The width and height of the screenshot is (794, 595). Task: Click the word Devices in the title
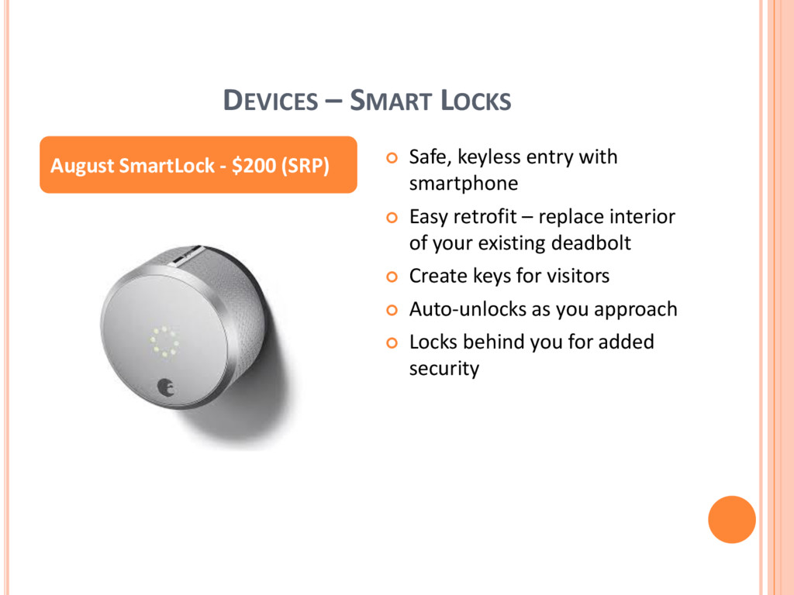click(x=271, y=100)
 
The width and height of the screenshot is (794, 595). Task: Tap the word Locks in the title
click(x=476, y=100)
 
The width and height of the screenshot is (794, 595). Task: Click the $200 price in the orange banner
click(x=254, y=166)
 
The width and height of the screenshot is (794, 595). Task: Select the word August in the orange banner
click(x=82, y=167)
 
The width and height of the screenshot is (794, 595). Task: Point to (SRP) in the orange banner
click(x=306, y=166)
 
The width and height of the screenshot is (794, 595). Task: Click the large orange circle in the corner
click(x=732, y=520)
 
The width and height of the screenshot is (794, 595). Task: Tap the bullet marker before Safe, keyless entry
click(x=392, y=158)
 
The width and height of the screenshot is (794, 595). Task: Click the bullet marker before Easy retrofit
click(x=392, y=218)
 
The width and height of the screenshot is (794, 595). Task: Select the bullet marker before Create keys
click(x=392, y=277)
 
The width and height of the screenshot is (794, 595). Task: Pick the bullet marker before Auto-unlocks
click(x=392, y=310)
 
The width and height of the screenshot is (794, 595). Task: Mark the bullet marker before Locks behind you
click(x=392, y=343)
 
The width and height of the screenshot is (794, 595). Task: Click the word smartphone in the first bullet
click(x=464, y=184)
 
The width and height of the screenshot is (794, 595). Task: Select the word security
click(x=444, y=369)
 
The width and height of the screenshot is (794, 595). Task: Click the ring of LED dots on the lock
click(x=164, y=341)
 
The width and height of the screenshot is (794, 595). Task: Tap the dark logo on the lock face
click(x=166, y=387)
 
